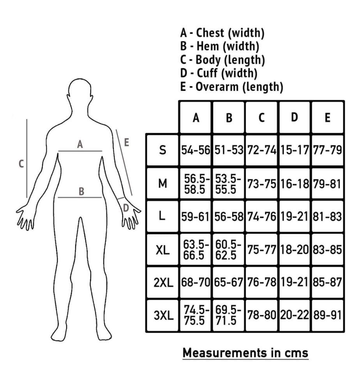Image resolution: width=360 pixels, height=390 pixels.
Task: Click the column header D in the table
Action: coord(294,117)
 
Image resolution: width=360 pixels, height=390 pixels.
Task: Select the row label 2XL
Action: coord(163,282)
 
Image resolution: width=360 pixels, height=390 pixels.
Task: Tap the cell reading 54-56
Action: coord(196,150)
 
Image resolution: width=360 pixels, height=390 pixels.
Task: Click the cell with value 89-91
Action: coord(327,316)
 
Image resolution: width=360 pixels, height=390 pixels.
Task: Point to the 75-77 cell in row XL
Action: coord(261,250)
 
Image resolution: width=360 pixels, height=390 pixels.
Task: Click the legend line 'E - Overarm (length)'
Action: coord(231,87)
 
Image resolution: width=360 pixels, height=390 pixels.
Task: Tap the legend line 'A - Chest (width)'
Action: coord(222,33)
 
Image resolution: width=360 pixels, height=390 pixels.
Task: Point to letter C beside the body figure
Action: coord(21,164)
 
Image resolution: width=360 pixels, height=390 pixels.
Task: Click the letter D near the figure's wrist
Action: coord(126,208)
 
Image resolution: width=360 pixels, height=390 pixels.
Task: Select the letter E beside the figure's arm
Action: coord(127,142)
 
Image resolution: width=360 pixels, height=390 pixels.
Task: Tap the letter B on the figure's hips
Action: coord(81,191)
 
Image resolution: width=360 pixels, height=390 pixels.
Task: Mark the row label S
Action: coord(162,150)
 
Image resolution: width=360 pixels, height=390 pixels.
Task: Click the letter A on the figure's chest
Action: coord(80,144)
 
